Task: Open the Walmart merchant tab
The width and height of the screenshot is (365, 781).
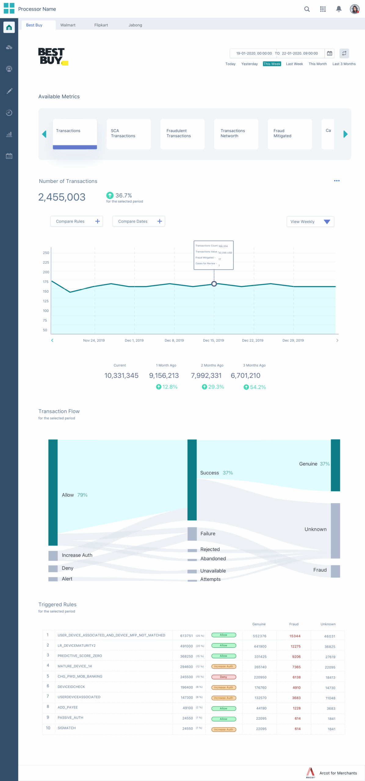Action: [x=68, y=25]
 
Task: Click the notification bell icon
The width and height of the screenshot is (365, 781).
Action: [x=338, y=9]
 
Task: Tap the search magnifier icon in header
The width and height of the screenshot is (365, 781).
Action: [x=307, y=9]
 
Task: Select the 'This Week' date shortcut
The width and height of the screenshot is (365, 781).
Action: [x=272, y=64]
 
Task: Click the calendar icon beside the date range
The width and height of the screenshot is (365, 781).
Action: [x=330, y=53]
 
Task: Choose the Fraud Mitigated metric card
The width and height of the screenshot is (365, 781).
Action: [x=290, y=134]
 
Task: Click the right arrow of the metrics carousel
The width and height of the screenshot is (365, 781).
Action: [x=345, y=134]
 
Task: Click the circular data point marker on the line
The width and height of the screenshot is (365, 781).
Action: [x=214, y=284]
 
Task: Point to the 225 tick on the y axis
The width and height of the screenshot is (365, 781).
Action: [x=46, y=262]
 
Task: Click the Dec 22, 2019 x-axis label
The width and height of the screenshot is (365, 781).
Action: [x=252, y=340]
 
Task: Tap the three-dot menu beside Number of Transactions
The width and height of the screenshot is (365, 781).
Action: [x=337, y=181]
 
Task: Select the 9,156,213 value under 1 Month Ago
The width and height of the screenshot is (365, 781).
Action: [x=164, y=376]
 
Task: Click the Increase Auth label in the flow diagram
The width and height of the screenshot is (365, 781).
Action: [x=77, y=555]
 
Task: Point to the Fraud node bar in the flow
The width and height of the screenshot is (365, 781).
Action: [x=335, y=571]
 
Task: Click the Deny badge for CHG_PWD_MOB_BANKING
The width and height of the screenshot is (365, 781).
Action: [x=223, y=677]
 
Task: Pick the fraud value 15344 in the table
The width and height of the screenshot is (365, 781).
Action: [x=295, y=636]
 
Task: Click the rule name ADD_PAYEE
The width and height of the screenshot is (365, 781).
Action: [x=68, y=707]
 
